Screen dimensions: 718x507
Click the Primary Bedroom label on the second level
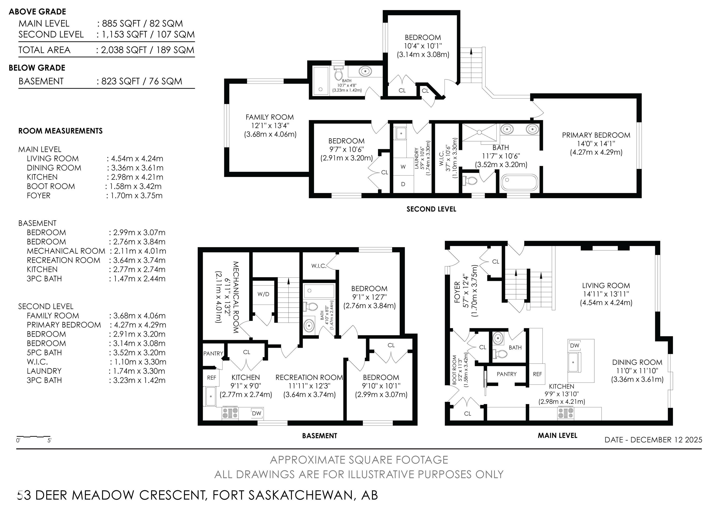tap(596, 135)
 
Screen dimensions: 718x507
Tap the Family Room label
tap(269, 117)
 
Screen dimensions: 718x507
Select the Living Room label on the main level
tap(606, 286)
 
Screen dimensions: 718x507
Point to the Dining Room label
tap(637, 362)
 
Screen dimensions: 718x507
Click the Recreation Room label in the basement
tap(309, 377)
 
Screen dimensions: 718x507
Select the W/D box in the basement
tap(263, 294)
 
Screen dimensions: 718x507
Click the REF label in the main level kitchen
tap(537, 374)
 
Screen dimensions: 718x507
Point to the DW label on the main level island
tap(575, 345)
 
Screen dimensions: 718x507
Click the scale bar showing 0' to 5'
tap(33, 436)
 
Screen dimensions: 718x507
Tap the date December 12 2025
tap(666, 440)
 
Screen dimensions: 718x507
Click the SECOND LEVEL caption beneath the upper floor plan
tap(431, 209)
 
